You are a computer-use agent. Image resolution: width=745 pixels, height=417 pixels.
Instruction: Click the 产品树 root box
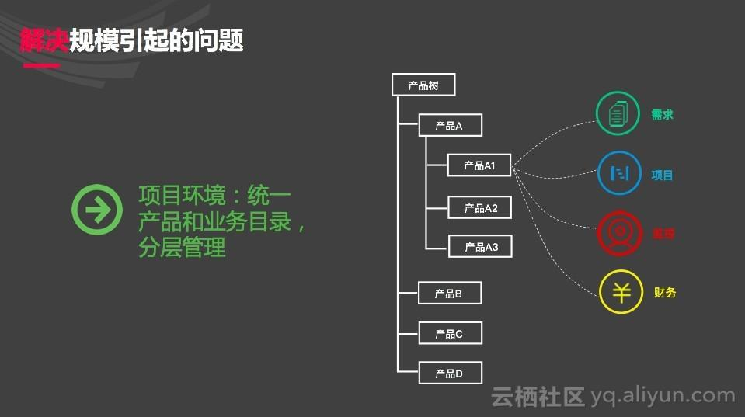coord(423,85)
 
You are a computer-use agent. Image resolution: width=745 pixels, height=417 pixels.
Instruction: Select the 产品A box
coord(451,126)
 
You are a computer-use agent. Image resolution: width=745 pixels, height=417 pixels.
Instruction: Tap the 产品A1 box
coord(480,165)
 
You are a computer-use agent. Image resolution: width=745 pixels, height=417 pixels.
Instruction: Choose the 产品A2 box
coord(480,208)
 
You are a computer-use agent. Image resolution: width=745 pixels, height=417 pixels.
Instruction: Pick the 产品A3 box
coord(480,247)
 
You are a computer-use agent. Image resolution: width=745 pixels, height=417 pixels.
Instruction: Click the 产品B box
coord(451,294)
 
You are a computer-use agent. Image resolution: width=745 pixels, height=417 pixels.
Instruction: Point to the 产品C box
coord(451,334)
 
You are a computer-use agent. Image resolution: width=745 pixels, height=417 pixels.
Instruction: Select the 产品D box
coord(451,373)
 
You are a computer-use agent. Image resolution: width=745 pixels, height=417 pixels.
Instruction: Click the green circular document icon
coord(618,114)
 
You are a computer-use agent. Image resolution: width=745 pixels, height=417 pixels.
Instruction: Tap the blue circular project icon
coord(619,173)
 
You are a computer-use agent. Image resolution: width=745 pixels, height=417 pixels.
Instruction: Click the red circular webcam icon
coord(619,232)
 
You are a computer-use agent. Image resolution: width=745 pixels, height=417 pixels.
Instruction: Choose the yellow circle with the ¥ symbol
coord(621,292)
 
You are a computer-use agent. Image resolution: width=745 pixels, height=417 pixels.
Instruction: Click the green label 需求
coord(663,115)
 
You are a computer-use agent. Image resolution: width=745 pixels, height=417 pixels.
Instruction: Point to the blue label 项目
coord(663,175)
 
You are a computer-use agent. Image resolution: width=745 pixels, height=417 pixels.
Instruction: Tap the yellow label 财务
coord(665,293)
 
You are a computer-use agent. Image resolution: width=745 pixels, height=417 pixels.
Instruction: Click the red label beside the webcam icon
coord(663,233)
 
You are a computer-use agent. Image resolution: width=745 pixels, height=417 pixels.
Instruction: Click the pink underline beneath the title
coord(41,65)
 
